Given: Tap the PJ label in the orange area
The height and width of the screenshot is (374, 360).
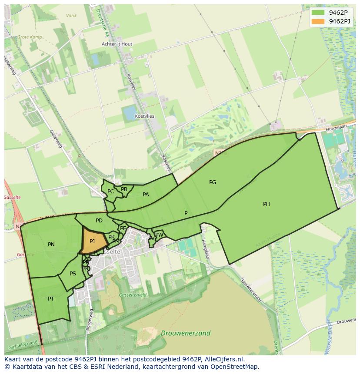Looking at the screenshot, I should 92,242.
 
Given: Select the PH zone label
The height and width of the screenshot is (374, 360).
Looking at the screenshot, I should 267,204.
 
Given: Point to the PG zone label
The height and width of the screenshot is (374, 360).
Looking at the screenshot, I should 213,182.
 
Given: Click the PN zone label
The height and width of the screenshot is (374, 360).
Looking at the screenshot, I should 51,245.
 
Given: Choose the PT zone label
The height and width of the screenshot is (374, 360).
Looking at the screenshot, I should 51,299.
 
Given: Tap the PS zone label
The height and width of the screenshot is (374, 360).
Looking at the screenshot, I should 73,274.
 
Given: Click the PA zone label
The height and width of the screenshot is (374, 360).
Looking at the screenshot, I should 146,195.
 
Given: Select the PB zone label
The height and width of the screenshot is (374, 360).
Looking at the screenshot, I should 124,189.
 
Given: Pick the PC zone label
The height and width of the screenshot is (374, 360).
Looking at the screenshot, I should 110,192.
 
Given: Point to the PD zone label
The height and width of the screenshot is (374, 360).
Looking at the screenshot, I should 99,221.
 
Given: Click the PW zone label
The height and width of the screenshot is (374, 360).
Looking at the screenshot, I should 159,235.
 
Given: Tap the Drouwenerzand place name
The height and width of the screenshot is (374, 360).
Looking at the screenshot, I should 186,334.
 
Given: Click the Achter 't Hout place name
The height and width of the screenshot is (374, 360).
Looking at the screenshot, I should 117,44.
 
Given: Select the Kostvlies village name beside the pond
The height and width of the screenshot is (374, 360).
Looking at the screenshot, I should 144,116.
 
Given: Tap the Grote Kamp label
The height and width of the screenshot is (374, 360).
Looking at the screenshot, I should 30,37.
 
